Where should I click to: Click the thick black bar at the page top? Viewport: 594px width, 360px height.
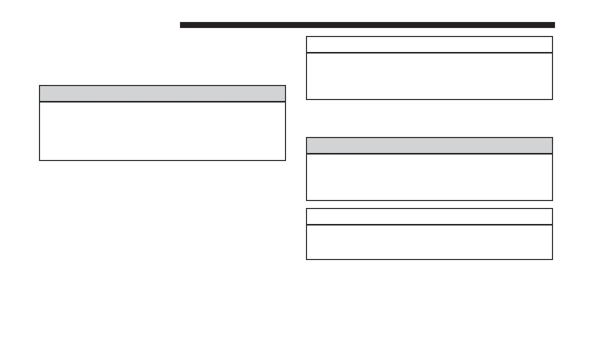367,25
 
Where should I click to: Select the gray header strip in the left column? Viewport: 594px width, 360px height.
162,93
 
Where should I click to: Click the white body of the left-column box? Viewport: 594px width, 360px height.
162,131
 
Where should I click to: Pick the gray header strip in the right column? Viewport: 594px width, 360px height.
429,145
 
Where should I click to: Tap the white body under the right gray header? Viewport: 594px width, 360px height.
429,177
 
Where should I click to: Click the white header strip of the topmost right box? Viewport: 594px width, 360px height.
429,44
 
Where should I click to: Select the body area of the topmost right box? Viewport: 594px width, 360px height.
429,76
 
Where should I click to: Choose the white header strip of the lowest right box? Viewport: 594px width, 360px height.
429,216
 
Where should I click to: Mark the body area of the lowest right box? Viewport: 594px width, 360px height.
429,242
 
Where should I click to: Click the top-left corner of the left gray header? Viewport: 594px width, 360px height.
39,86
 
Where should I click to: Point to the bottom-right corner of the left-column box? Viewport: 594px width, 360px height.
285,160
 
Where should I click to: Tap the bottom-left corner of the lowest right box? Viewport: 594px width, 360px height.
306,259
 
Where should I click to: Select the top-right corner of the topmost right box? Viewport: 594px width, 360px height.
552,36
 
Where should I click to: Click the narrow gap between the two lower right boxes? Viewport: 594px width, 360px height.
429,204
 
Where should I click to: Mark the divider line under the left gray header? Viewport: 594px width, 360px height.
162,102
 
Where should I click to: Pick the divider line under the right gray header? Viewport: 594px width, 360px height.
429,154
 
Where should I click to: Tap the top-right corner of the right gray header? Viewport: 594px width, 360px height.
552,138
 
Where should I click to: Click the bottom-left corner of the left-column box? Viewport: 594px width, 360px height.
39,160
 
